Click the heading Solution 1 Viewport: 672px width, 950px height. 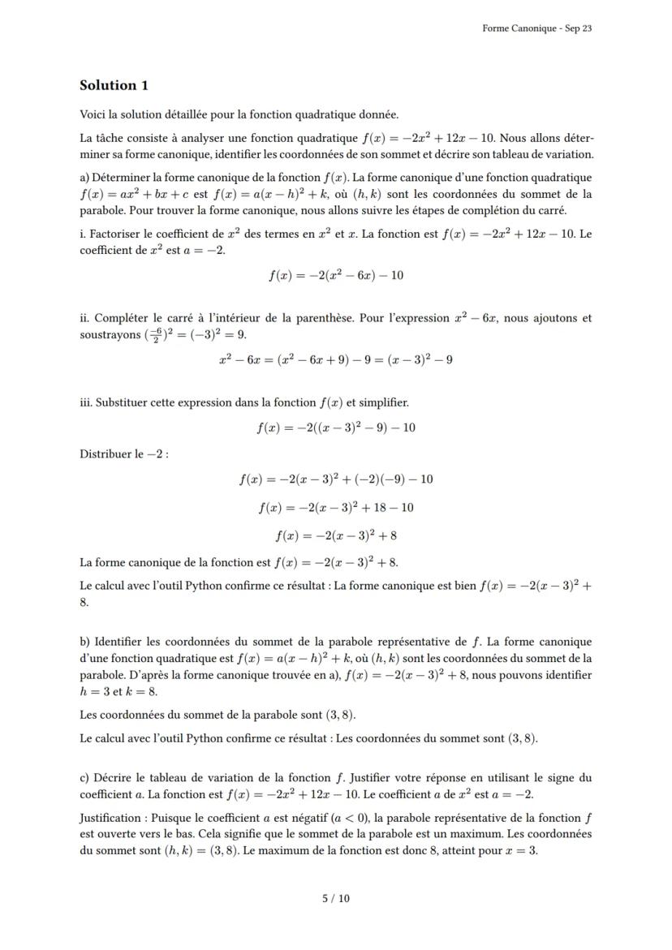114,85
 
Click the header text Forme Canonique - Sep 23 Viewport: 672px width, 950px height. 536,28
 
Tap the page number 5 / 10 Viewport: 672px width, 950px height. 335,898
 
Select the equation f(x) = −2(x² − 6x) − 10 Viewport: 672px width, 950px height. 335,275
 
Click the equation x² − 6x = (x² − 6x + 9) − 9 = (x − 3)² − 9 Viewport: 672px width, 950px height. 335,359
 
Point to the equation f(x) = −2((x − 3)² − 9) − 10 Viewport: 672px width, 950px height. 335,428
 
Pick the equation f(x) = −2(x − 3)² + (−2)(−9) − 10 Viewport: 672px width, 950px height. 335,479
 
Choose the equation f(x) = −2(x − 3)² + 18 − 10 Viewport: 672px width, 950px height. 335,508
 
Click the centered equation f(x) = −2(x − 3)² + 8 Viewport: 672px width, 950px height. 335,535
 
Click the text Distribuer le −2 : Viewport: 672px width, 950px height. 123,454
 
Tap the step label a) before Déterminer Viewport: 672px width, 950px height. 84,178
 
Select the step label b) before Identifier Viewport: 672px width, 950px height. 85,643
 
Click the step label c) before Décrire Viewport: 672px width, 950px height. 84,778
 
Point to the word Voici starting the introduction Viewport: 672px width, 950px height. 93,114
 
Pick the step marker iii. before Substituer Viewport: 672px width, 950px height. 86,402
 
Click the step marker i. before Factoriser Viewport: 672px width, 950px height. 83,234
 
